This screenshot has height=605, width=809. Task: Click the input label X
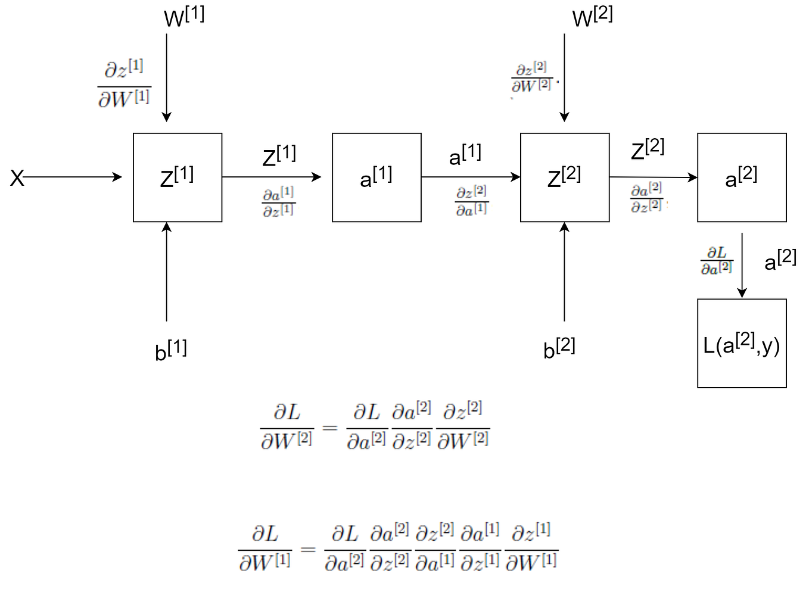pyautogui.click(x=17, y=178)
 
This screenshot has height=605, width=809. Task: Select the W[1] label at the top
pyautogui.click(x=183, y=17)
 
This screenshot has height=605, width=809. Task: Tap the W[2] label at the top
pyautogui.click(x=592, y=17)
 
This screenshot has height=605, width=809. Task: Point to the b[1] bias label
pyautogui.click(x=170, y=350)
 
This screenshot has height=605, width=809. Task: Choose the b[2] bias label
pyautogui.click(x=559, y=348)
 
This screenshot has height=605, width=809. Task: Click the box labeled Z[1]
pyautogui.click(x=178, y=177)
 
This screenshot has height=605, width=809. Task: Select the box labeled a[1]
pyautogui.click(x=377, y=177)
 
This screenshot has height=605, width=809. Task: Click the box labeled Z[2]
pyautogui.click(x=564, y=177)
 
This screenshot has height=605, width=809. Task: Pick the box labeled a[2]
pyautogui.click(x=742, y=177)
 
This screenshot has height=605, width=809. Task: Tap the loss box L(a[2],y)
pyautogui.click(x=742, y=344)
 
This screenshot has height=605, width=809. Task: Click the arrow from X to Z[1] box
pyautogui.click(x=71, y=177)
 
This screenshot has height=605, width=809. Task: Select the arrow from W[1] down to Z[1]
pyautogui.click(x=167, y=77)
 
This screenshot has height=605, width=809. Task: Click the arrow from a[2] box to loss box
pyautogui.click(x=742, y=264)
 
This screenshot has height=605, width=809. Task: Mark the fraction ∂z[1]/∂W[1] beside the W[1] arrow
pyautogui.click(x=124, y=83)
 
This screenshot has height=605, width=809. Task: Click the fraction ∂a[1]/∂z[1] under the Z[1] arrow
pyautogui.click(x=278, y=202)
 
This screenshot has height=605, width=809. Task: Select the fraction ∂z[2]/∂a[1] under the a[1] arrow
pyautogui.click(x=471, y=201)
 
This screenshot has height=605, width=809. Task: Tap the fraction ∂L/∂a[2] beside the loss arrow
pyautogui.click(x=716, y=261)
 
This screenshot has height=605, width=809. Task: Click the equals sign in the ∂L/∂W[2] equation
pyautogui.click(x=329, y=427)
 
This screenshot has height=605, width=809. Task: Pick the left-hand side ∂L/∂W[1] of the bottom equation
pyautogui.click(x=265, y=548)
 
